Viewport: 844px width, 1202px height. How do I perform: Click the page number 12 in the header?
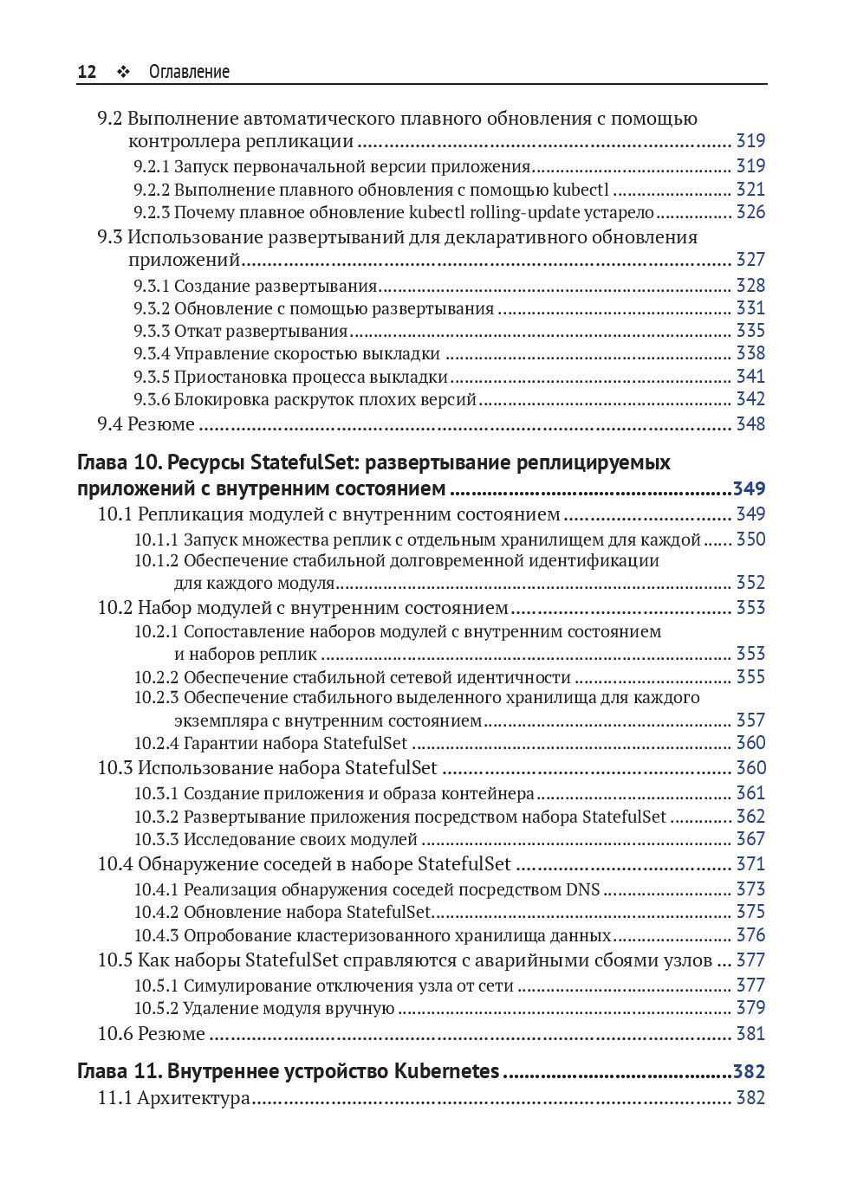[87, 72]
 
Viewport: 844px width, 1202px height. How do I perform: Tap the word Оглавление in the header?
[189, 72]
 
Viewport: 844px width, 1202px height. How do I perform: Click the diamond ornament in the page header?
[123, 72]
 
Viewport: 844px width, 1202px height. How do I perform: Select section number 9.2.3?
[152, 213]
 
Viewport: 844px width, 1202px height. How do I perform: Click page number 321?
[750, 190]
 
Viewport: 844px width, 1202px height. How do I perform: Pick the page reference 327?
[750, 260]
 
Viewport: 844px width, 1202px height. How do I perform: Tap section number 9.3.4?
[152, 353]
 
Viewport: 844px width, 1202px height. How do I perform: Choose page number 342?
[750, 399]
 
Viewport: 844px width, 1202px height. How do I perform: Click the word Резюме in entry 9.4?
[161, 424]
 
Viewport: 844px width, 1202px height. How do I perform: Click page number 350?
[750, 540]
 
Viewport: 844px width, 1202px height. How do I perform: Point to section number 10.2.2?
[156, 678]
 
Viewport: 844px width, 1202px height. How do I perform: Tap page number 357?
[750, 721]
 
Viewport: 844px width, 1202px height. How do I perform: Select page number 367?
[750, 839]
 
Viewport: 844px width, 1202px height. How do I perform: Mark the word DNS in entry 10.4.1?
[583, 889]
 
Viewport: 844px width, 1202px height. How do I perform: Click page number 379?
[750, 1008]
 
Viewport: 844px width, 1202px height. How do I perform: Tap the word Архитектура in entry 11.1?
[193, 1099]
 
